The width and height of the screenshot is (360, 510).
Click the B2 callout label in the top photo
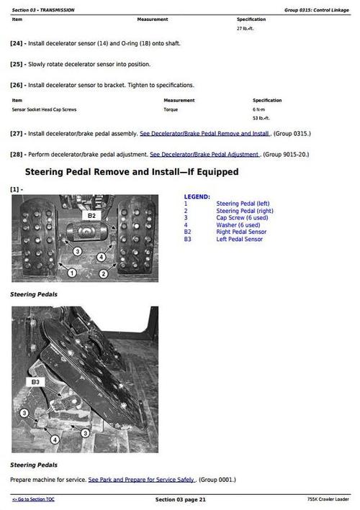click(91, 215)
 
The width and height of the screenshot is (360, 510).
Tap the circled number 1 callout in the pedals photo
click(71, 273)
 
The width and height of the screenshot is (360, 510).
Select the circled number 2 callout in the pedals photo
click(103, 273)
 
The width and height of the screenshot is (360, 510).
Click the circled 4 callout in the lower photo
click(55, 439)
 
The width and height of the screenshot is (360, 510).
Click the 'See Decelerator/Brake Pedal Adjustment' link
click(205, 154)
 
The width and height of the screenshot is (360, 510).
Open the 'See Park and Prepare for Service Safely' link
click(141, 479)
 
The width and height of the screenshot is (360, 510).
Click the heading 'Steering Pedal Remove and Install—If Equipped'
click(132, 172)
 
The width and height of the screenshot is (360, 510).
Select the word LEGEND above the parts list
click(197, 196)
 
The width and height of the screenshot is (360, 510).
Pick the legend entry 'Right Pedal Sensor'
click(241, 232)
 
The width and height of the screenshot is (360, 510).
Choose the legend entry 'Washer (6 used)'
click(238, 225)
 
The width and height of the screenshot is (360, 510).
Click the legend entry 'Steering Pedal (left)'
click(243, 204)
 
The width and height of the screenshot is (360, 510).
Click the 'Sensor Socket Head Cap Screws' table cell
click(44, 109)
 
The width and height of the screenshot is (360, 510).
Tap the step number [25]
click(17, 64)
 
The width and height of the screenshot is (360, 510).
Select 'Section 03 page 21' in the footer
click(181, 499)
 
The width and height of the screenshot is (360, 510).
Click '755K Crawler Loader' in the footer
click(328, 499)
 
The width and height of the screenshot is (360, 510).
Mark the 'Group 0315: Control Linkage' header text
click(316, 9)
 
